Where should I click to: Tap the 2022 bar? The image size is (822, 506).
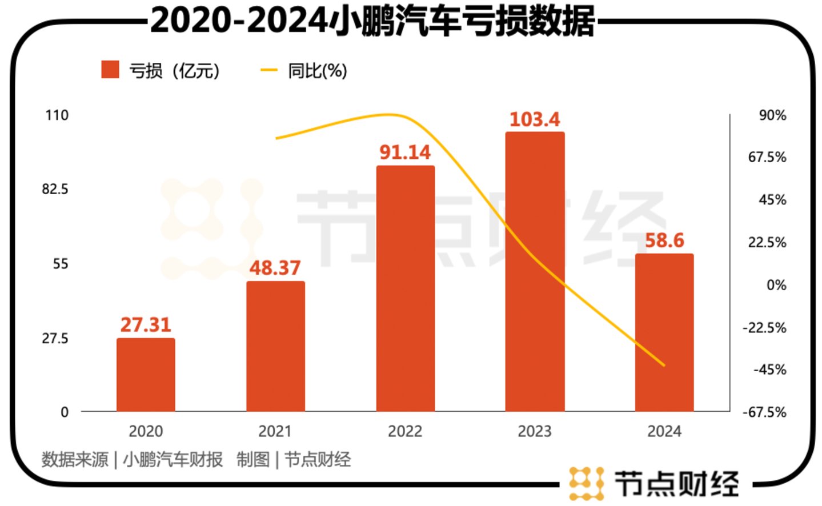(x=405, y=288)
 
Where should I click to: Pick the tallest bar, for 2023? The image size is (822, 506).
(x=535, y=271)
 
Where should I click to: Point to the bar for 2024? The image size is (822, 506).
(x=664, y=332)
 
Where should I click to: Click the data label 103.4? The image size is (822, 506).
(x=535, y=119)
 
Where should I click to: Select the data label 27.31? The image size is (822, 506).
(x=146, y=325)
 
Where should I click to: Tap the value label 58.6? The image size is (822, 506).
(x=664, y=240)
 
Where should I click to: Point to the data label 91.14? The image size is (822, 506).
(x=405, y=152)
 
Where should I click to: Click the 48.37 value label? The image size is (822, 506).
(x=275, y=268)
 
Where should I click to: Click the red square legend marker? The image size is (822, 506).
(x=110, y=70)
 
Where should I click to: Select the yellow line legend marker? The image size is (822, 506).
(x=268, y=70)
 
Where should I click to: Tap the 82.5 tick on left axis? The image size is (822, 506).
(x=55, y=189)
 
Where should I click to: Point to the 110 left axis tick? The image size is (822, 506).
(x=57, y=115)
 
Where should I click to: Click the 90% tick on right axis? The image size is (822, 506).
(x=772, y=115)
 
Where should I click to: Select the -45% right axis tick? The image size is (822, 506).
(x=769, y=370)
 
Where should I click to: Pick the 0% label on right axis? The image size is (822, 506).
(x=776, y=285)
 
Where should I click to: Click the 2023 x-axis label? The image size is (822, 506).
(x=535, y=431)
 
